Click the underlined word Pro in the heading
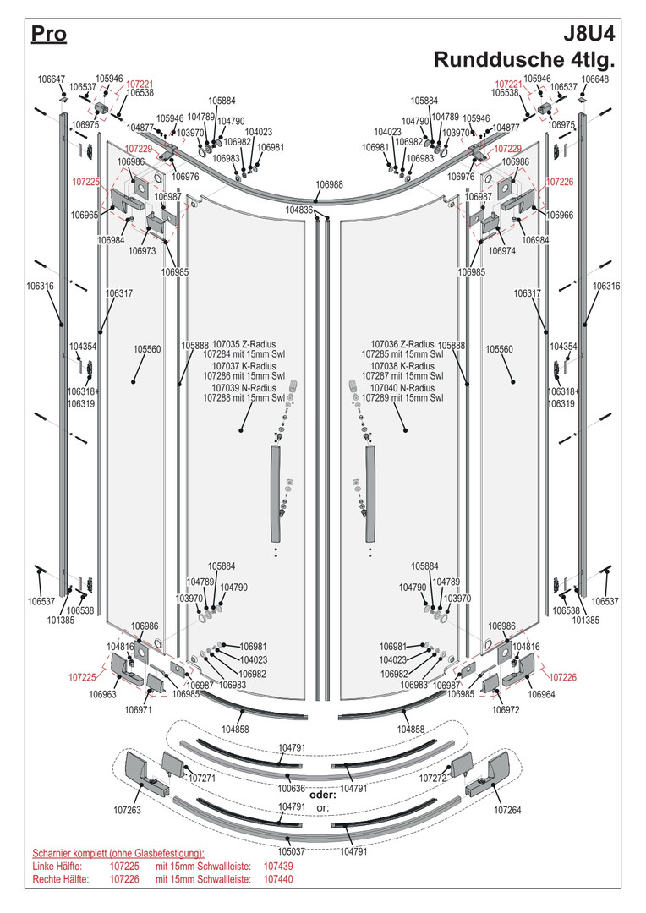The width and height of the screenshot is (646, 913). coord(48,35)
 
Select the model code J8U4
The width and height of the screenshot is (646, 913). coord(589,35)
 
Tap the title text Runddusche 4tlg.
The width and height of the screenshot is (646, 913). coord(524,60)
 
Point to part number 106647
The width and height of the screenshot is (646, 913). coord(51,79)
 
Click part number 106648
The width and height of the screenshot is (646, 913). coord(594,79)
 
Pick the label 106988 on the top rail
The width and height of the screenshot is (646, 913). coord(330,184)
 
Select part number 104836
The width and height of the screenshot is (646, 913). coord(299,210)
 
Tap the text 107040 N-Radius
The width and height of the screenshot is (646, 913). coord(400,388)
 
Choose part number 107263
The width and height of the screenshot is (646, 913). coord(129,810)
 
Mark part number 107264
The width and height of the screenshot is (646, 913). coord(508,810)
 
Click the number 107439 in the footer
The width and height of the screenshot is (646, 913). coord(278,867)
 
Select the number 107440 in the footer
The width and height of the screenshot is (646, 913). coord(278,879)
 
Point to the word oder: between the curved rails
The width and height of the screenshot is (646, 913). coord(323,795)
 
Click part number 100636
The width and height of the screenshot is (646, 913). coord(292,788)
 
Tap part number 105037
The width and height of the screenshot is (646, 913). coord(292,851)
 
